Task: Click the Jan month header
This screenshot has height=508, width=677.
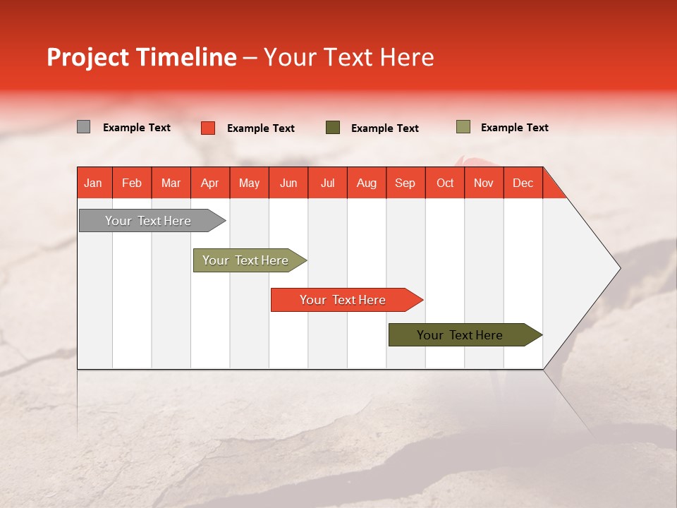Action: (x=93, y=183)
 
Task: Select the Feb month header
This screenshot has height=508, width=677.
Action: (x=132, y=183)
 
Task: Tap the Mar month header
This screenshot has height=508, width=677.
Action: (x=171, y=183)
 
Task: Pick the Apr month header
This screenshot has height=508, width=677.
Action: (x=209, y=183)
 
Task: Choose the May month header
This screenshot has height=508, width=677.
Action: (x=249, y=183)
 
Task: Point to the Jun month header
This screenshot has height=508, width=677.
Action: (x=288, y=183)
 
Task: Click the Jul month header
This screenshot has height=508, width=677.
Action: (x=327, y=183)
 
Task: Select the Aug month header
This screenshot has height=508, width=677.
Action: (x=366, y=183)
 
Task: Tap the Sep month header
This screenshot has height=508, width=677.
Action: (x=405, y=183)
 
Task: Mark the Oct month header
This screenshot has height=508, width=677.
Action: (x=445, y=183)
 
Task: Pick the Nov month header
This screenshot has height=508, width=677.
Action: (x=484, y=183)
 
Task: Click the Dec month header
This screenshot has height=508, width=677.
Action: (x=523, y=183)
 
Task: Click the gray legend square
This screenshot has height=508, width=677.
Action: (x=83, y=127)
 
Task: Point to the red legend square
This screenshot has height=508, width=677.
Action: (x=207, y=128)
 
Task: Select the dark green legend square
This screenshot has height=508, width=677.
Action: (x=333, y=127)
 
